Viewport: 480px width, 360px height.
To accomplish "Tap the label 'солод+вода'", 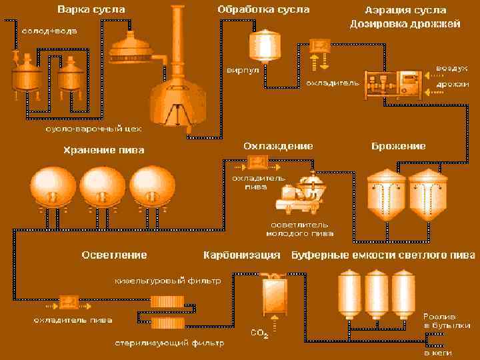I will [x=44, y=32].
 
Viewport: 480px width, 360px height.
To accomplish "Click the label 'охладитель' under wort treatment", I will [x=333, y=83].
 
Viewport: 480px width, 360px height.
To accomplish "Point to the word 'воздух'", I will [x=451, y=69].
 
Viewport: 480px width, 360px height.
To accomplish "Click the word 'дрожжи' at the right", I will [x=451, y=85].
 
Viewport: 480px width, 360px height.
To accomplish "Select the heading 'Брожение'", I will [x=399, y=146].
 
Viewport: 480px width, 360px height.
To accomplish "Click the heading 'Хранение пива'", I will [x=103, y=150].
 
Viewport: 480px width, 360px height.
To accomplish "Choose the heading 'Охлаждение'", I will [x=278, y=146].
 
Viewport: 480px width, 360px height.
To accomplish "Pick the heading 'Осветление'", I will [x=114, y=255].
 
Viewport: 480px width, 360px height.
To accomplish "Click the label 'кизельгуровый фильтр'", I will [x=167, y=281].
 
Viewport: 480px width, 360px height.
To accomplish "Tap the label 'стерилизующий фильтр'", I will [x=168, y=343].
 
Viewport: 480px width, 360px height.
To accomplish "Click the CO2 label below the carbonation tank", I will [x=259, y=333].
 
